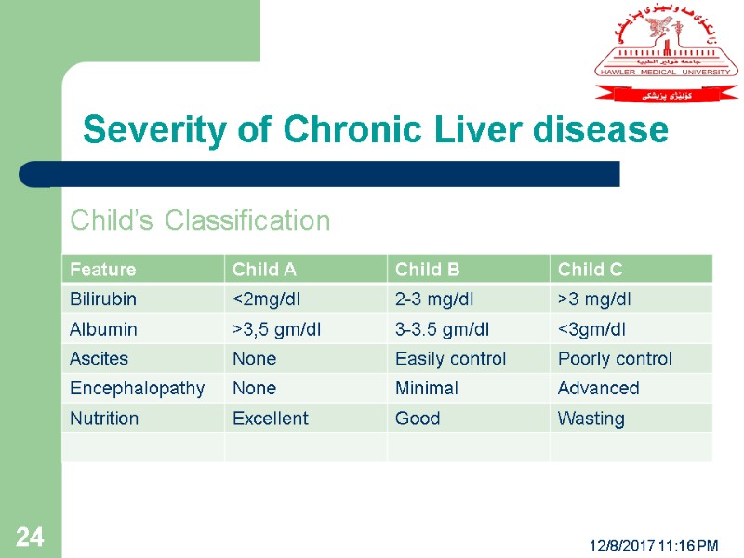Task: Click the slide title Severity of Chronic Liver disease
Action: point(375,130)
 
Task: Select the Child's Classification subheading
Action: point(200,220)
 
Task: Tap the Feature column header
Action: point(102,270)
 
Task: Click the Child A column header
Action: point(264,270)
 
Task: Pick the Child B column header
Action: point(427,270)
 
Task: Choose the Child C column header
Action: point(590,270)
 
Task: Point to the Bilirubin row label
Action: point(103,299)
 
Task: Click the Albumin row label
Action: point(103,329)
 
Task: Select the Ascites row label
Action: point(99,359)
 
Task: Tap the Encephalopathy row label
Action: point(137,389)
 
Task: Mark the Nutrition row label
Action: point(104,418)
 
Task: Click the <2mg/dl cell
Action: point(266,299)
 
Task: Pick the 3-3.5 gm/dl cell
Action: point(443,329)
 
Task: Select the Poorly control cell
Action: point(614,359)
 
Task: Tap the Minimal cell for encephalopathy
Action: point(426,389)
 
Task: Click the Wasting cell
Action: point(591,418)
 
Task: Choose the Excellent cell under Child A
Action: point(270,418)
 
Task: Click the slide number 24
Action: point(29,537)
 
